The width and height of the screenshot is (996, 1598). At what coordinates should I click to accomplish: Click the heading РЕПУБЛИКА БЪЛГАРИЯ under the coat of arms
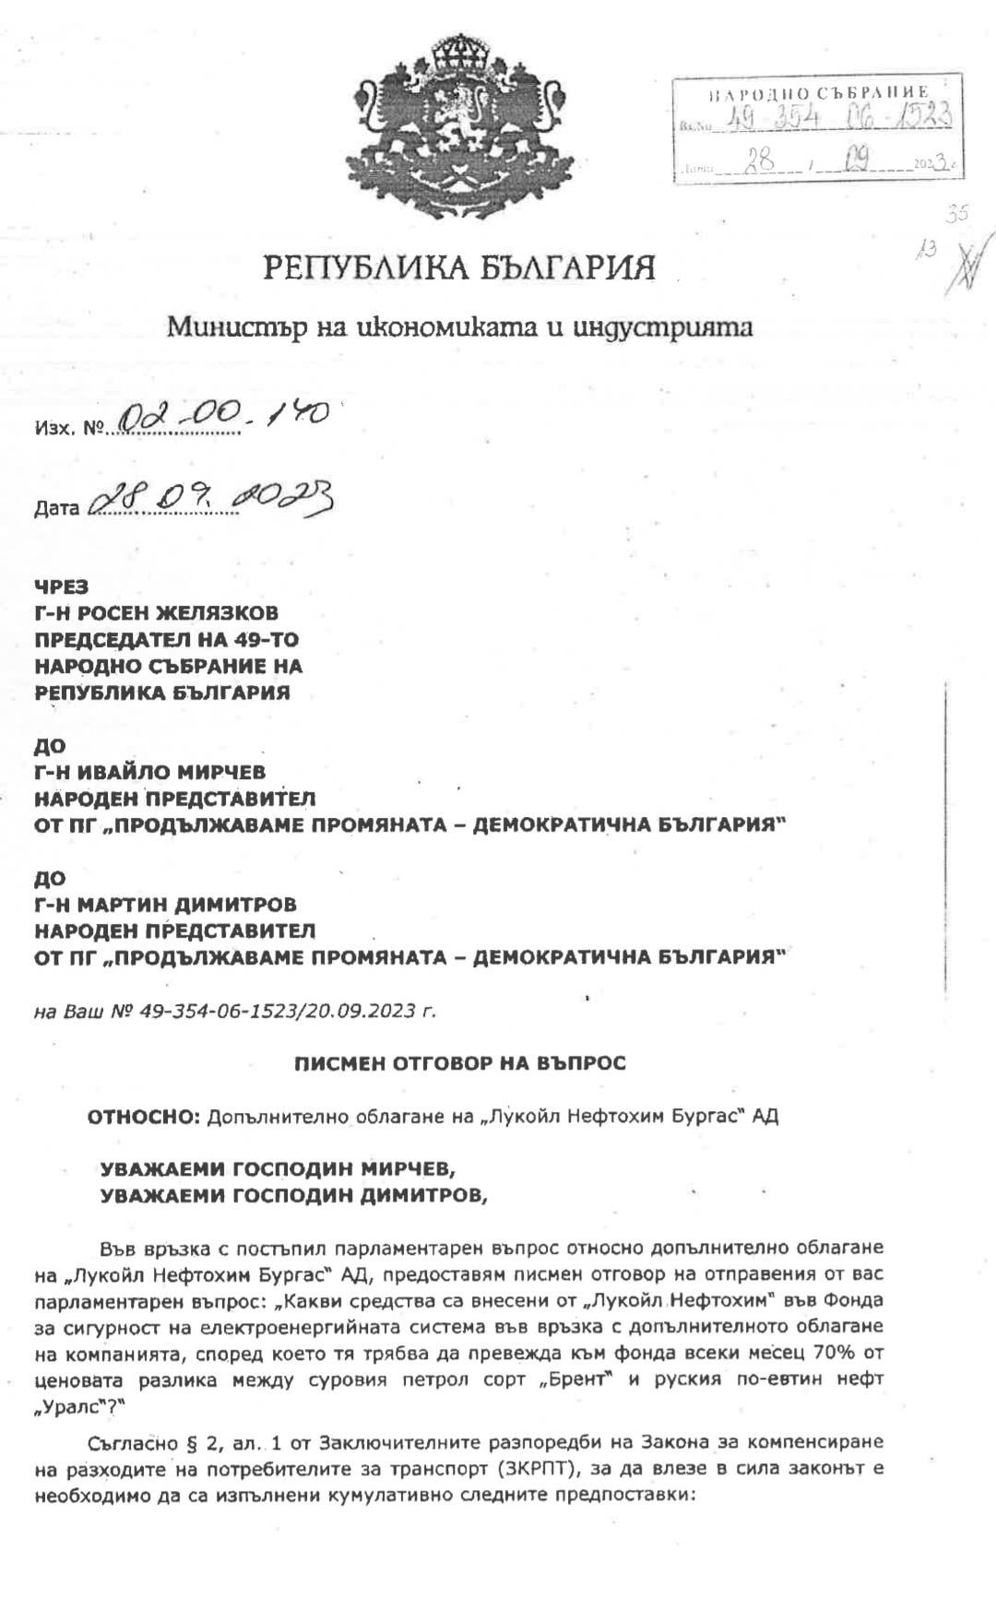pos(460,268)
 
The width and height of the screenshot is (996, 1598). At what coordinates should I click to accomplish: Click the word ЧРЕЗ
pos(61,586)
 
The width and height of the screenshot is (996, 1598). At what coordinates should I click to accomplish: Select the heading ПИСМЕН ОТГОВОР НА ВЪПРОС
pos(460,1063)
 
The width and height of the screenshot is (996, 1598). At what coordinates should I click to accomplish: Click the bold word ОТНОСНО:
pos(144,1117)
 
